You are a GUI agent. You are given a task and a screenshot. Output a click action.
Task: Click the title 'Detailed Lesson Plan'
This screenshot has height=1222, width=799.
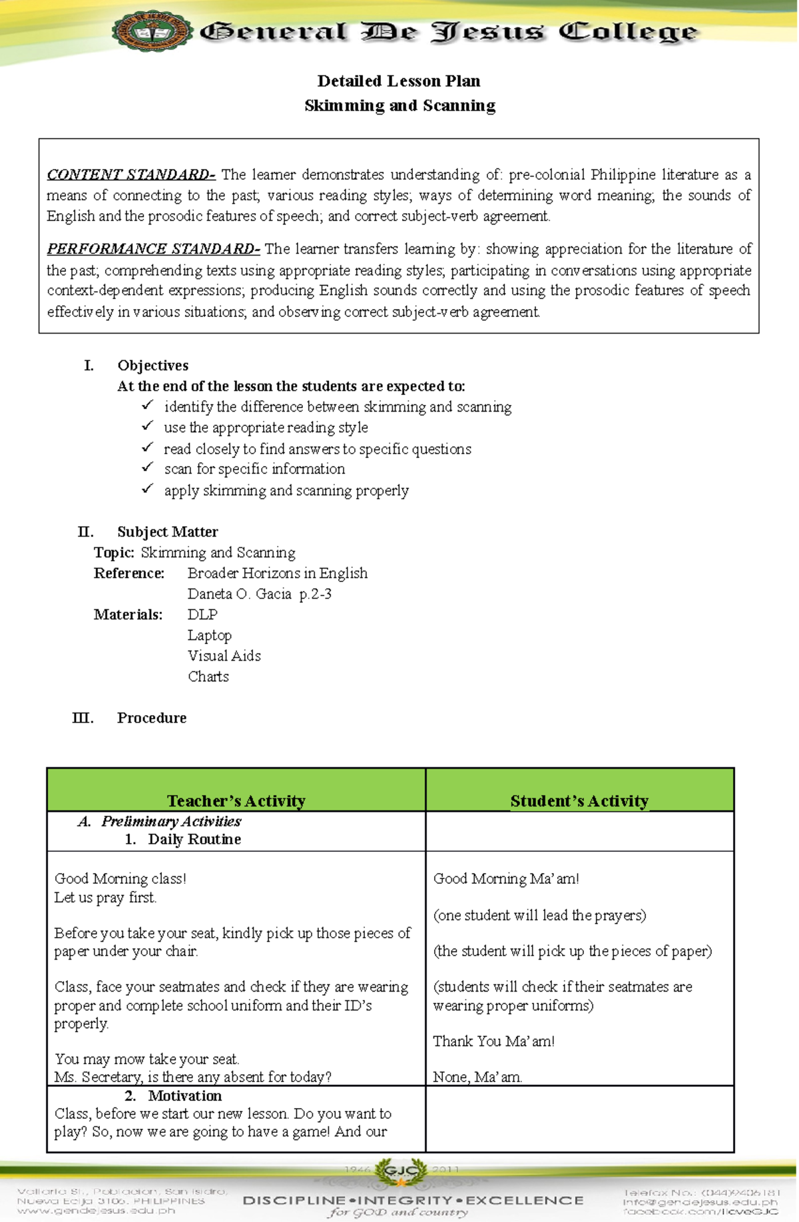pos(399,81)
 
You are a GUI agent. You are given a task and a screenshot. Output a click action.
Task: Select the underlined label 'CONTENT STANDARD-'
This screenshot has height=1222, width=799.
pos(131,175)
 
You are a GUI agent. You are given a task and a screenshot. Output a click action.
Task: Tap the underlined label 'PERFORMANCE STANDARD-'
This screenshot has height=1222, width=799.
pos(153,249)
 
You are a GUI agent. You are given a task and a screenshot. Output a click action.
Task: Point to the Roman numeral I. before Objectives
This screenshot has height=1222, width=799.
pos(89,366)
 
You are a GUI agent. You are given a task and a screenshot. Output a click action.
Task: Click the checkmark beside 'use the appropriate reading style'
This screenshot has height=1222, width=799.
pos(147,426)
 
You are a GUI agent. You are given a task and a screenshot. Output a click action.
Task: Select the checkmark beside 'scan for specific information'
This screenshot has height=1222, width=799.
pos(147,468)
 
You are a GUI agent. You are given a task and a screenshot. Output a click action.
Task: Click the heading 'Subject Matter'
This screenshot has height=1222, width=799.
pos(167,532)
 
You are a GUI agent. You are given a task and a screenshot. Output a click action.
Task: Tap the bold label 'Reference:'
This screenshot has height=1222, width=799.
pos(129,573)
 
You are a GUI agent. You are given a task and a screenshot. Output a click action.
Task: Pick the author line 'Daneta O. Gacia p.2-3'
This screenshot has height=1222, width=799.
pos(259,594)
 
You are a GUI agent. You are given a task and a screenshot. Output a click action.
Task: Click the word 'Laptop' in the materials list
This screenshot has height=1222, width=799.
pos(209,635)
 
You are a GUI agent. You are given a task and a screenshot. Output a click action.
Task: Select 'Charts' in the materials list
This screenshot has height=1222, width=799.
pos(208,677)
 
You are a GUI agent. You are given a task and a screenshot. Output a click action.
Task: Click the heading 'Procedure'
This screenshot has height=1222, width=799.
pos(151,718)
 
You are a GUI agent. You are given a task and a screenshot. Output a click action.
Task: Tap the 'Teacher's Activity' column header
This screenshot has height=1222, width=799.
pos(236,800)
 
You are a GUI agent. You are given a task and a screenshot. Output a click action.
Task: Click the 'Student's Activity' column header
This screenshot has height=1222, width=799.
pos(579,800)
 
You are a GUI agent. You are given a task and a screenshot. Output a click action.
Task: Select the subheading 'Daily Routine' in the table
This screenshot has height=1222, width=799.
pos(194,839)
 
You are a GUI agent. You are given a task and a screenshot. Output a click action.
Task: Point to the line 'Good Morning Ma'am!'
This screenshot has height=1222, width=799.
pos(505,879)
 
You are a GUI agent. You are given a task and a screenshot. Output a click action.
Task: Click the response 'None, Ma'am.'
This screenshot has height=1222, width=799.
pos(477,1077)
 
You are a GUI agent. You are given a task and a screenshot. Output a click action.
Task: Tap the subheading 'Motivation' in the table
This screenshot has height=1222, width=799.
pos(184,1096)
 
